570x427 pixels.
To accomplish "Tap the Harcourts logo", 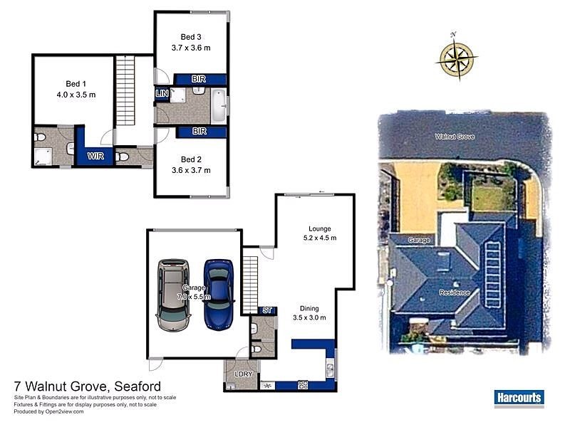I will tap(519, 398).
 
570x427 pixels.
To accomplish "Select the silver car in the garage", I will tap(173, 295).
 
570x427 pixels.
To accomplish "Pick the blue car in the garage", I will tap(218, 293).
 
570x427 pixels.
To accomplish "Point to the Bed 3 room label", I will tap(191, 43).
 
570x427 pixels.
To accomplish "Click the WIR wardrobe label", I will tap(95, 156).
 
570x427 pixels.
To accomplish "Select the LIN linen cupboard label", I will tap(162, 93).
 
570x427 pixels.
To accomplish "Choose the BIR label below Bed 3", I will tap(199, 79).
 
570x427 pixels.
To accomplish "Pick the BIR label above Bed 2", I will tap(199, 132).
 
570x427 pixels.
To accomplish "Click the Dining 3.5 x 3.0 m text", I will tap(309, 313).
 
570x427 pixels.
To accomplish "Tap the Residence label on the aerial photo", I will tap(454, 292).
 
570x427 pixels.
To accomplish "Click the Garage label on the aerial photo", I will tap(418, 241).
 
